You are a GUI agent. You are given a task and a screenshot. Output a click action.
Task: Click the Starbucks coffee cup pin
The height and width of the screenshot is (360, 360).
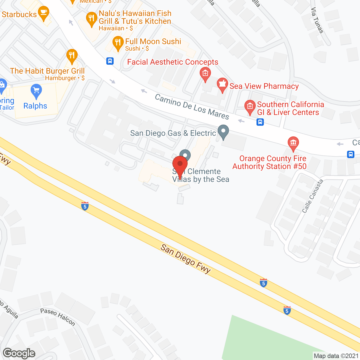click(43, 13)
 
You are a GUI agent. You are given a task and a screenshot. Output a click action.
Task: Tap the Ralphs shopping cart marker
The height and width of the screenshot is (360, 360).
click(36, 91)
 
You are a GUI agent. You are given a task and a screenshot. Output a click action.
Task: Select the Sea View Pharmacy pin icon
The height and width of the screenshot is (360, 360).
click(222, 85)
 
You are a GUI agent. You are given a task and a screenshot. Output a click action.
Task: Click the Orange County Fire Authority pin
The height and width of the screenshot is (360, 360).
click(293, 143)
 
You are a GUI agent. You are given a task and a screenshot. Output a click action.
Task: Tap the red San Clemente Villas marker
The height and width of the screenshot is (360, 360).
click(180, 166)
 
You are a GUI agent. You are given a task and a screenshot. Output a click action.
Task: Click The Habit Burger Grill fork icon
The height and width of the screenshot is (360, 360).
click(72, 56)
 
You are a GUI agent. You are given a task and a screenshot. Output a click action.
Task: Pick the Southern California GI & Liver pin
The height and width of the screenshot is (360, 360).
click(250, 107)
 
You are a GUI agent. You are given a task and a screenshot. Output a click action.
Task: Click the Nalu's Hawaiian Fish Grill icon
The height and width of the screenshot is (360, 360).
click(91, 19)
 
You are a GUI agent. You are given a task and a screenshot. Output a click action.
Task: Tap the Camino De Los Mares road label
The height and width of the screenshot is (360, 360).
click(192, 107)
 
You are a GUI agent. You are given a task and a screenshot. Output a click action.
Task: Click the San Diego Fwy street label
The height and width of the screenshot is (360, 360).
click(186, 259)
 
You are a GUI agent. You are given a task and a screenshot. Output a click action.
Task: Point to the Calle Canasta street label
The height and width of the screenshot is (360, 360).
click(312, 196)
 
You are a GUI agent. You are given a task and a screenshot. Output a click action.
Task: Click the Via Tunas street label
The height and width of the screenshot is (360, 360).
click(317, 20)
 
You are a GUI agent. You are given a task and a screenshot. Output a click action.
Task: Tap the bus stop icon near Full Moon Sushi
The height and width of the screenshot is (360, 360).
click(110, 61)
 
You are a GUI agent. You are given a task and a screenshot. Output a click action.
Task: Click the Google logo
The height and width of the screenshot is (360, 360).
click(19, 353)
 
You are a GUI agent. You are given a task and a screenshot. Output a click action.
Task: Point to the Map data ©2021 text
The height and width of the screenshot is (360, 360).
click(336, 356)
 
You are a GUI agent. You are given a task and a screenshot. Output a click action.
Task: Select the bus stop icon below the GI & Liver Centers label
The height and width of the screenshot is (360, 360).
click(260, 122)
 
